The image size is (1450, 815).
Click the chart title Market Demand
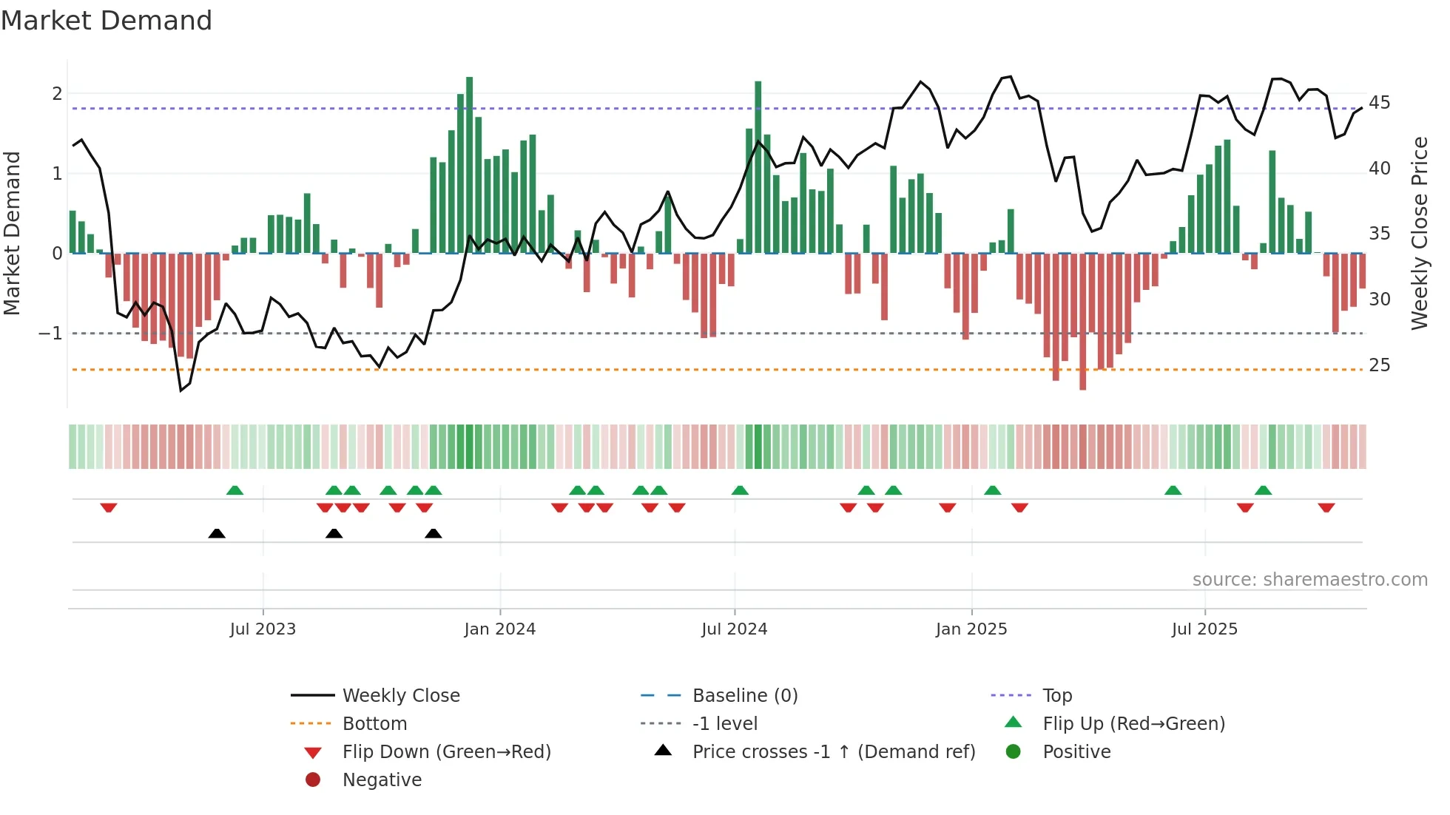[107, 21]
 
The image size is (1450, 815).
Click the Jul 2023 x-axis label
[263, 629]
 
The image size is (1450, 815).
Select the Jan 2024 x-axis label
[499, 629]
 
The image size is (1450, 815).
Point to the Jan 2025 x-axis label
[971, 629]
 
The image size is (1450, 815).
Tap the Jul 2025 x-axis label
[1204, 629]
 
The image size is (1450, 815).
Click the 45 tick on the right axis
[1379, 103]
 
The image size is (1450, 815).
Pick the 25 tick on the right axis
[1379, 365]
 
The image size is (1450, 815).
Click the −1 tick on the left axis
[51, 334]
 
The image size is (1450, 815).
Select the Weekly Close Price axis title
[1419, 233]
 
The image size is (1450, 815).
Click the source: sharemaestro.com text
[1309, 580]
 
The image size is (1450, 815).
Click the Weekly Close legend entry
[400, 696]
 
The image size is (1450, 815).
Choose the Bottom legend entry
[374, 724]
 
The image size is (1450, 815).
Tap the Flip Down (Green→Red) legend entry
[446, 752]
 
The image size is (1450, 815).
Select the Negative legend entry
[382, 780]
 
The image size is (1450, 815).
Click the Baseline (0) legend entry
[744, 696]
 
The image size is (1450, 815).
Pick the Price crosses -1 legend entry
[833, 752]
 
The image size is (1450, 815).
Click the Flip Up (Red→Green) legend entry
[1133, 724]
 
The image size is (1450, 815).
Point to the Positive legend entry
[1076, 752]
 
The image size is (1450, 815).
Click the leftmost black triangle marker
[217, 533]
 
